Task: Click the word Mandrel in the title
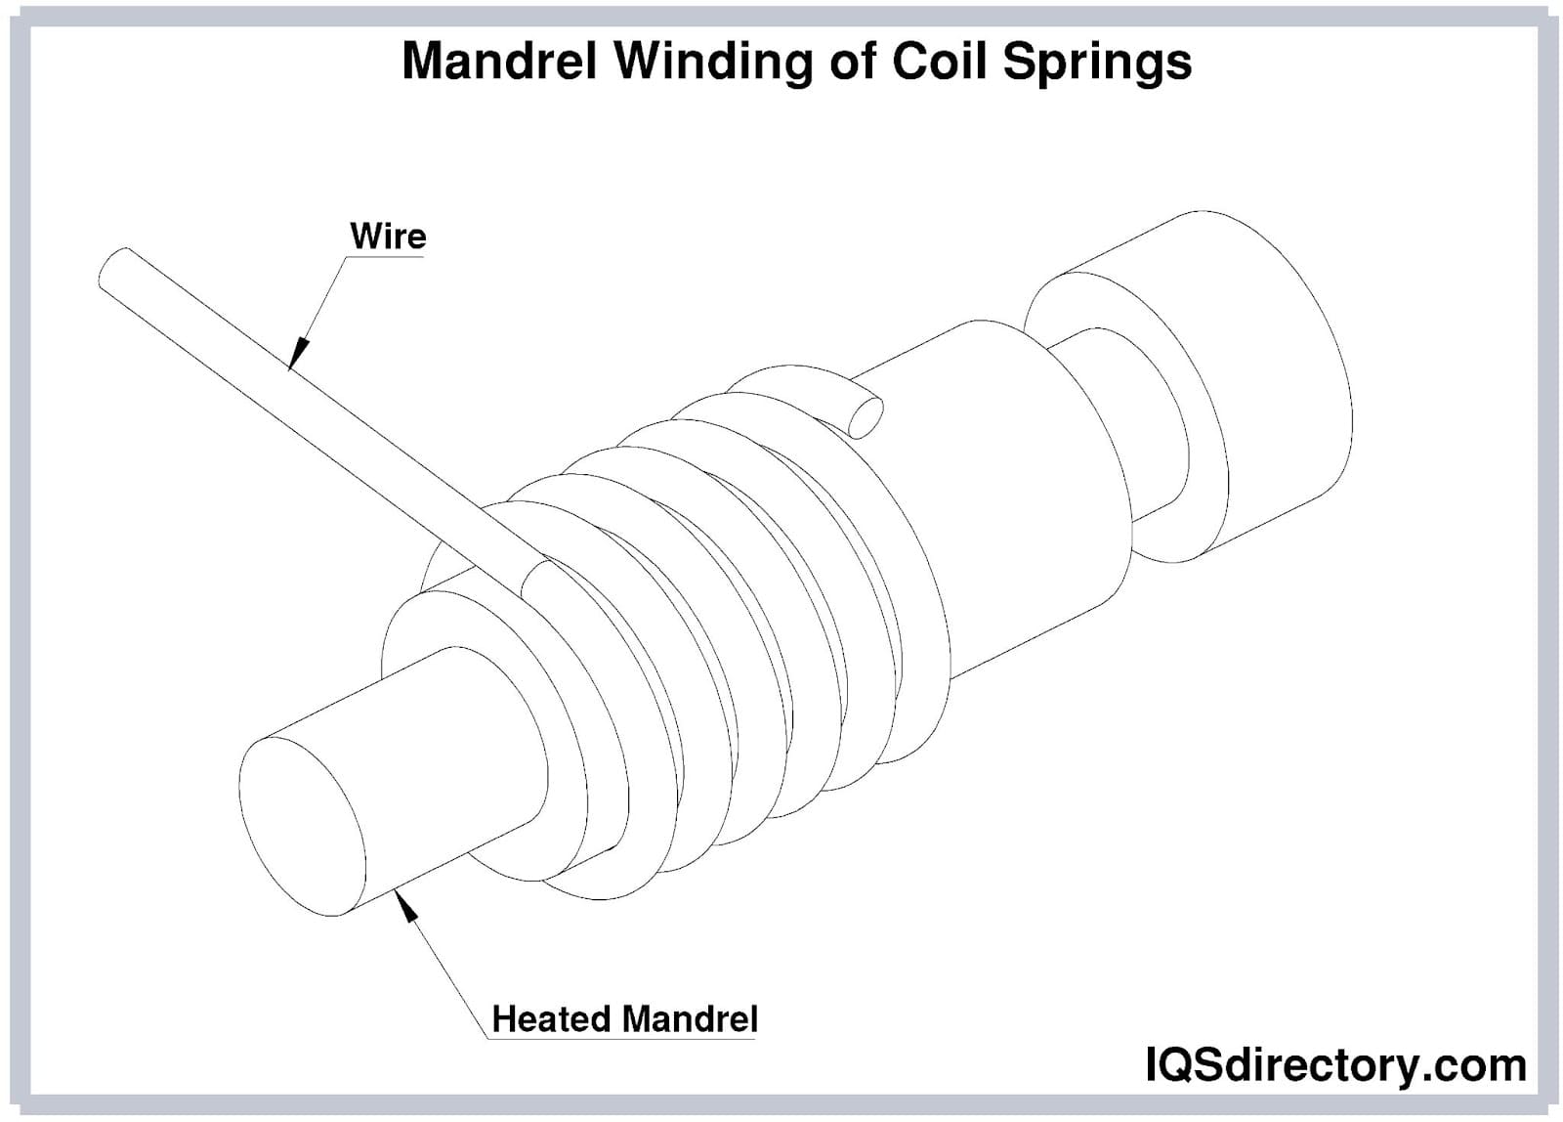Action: (x=499, y=62)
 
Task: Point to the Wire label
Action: (x=388, y=237)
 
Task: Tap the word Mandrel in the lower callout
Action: (x=690, y=1018)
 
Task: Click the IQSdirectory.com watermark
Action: (x=1335, y=1064)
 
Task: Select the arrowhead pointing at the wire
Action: (x=298, y=353)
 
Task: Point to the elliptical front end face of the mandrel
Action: (x=301, y=826)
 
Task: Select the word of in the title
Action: (x=859, y=62)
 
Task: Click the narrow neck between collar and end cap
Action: (x=1133, y=430)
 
